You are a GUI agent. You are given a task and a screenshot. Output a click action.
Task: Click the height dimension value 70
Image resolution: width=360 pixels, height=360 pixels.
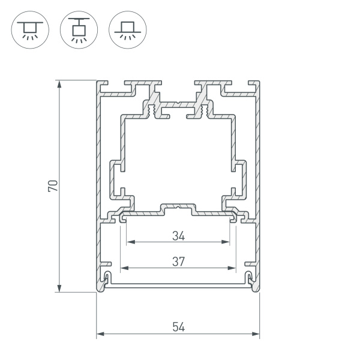(x=53, y=185)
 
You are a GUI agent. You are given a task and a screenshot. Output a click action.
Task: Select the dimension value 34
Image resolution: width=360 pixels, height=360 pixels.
(x=178, y=236)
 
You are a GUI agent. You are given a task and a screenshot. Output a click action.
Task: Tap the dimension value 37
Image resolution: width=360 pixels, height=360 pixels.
(x=178, y=261)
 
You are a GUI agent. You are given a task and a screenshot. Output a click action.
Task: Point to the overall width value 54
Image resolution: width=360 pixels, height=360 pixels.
(x=178, y=327)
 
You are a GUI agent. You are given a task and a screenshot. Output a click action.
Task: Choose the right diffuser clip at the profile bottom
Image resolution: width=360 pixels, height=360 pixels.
(x=250, y=277)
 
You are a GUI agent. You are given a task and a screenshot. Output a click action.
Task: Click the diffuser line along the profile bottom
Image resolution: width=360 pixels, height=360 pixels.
(x=178, y=286)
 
